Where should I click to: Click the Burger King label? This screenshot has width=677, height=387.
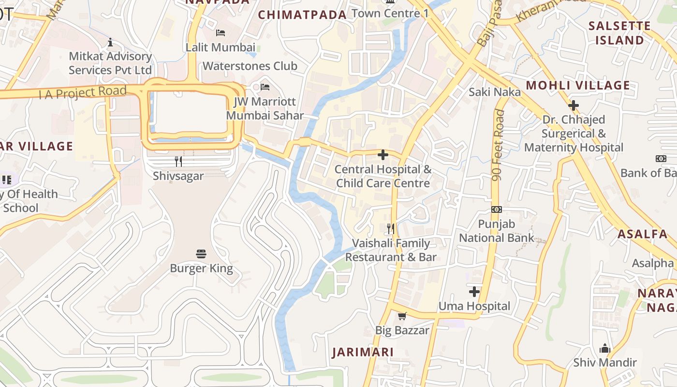201,268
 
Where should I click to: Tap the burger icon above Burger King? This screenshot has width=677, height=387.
201,254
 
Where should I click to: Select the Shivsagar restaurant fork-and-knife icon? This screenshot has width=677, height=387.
178,162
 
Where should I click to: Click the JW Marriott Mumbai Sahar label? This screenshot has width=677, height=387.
265,109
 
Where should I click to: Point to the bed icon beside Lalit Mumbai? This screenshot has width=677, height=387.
221,33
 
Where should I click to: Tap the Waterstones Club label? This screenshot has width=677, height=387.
250,66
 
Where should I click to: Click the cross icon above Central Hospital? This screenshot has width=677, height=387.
383,155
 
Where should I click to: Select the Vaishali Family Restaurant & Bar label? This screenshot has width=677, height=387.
391,250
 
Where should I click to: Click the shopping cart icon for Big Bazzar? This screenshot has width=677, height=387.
402,316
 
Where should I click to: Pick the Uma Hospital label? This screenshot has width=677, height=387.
474,306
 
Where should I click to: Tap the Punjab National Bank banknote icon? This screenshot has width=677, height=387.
496,209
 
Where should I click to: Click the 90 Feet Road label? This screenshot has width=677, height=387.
498,145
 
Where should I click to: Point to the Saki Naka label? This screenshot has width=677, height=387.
495,92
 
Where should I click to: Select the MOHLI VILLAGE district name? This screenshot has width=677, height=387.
578,86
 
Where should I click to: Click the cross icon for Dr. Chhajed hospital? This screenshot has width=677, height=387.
574,105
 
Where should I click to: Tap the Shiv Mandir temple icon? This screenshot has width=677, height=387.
604,348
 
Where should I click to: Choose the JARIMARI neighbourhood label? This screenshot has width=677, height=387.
363,352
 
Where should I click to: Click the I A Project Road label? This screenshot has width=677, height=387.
82,92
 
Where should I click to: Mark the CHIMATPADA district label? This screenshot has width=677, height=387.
302,15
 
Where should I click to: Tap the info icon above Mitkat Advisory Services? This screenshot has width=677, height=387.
110,42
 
